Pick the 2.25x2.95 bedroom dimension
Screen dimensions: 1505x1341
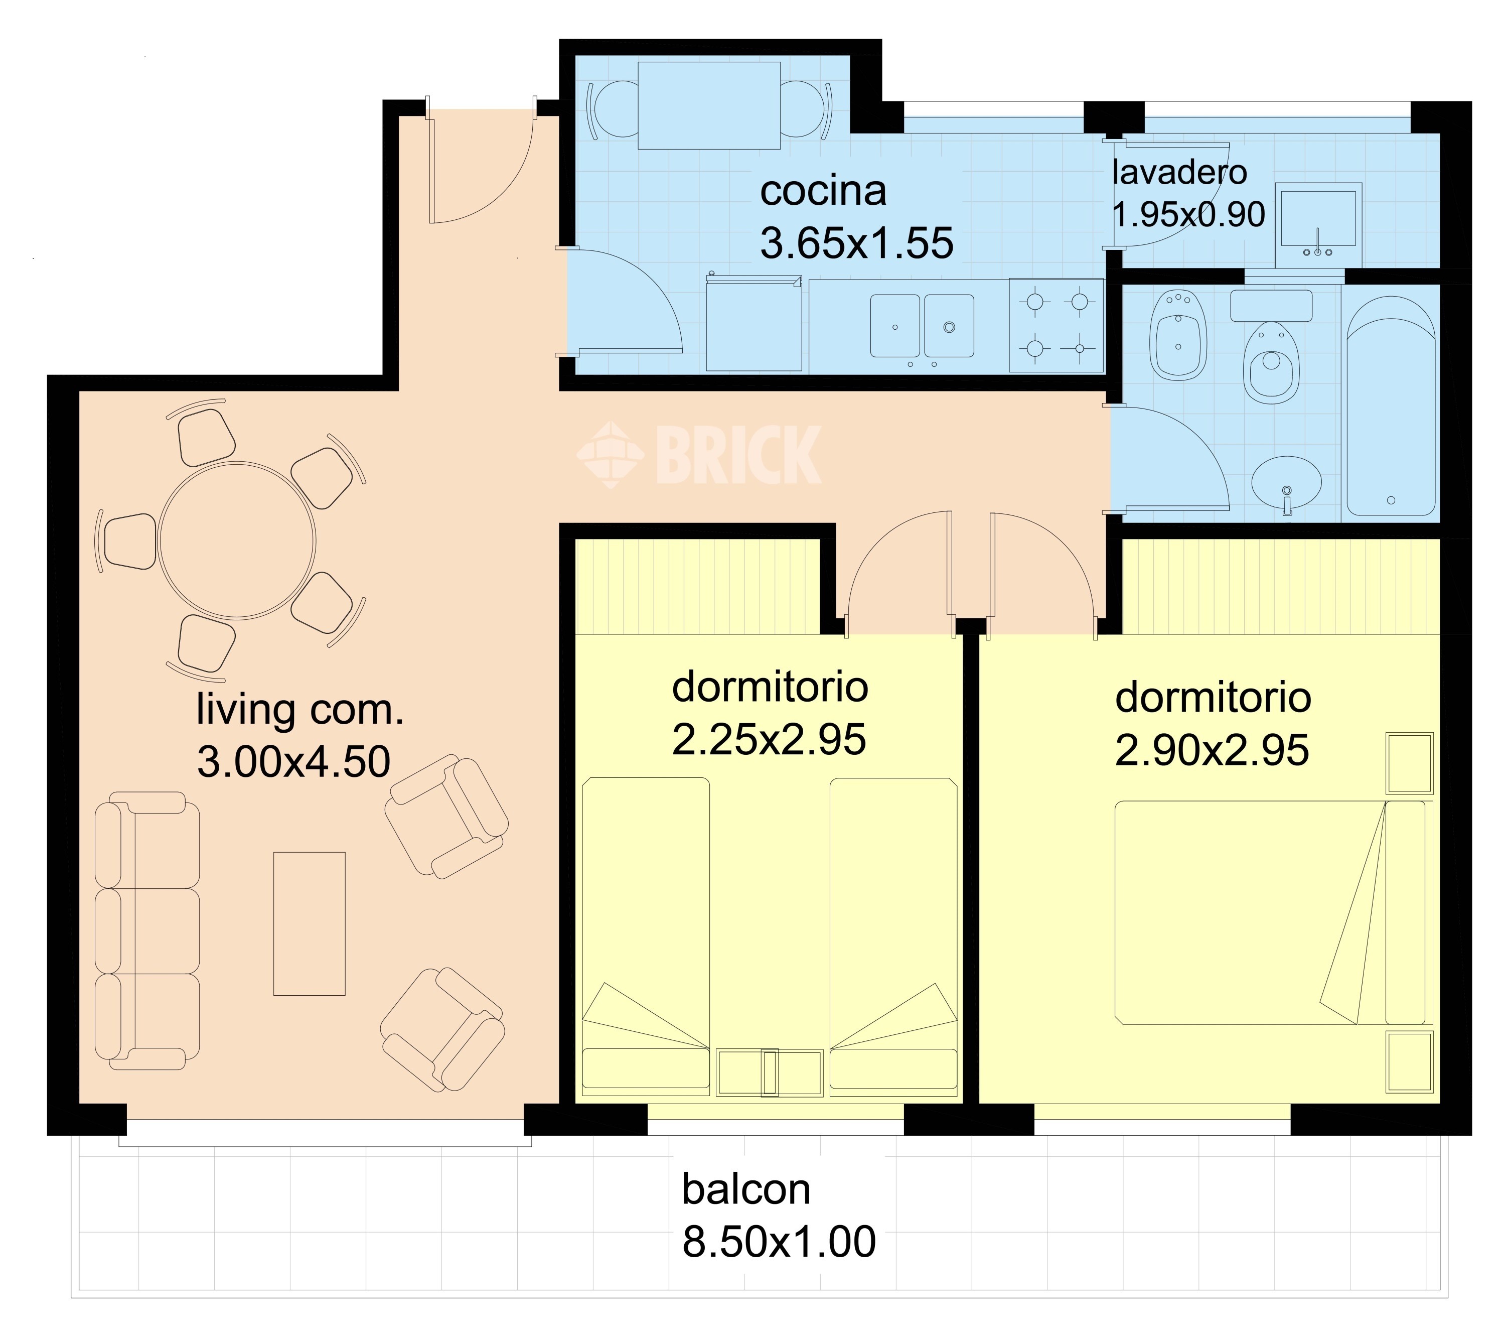pyautogui.click(x=769, y=739)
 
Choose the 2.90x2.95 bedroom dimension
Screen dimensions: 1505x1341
pyautogui.click(x=1212, y=750)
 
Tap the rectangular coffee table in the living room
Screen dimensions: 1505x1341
pyautogui.click(x=310, y=924)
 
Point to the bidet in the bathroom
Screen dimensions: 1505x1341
pyautogui.click(x=1178, y=335)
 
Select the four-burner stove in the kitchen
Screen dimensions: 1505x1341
pyautogui.click(x=1057, y=324)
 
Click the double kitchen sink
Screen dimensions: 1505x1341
pyautogui.click(x=922, y=326)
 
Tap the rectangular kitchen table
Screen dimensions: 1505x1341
pyautogui.click(x=709, y=105)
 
